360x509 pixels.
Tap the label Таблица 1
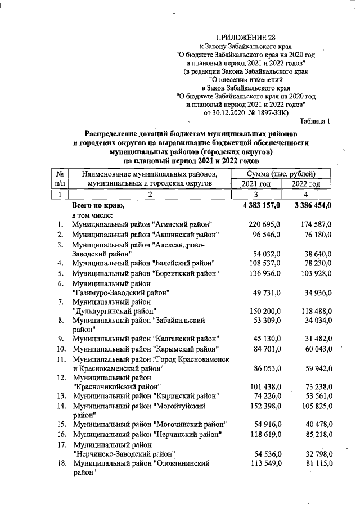point(315,120)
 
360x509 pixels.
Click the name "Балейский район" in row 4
point(183,263)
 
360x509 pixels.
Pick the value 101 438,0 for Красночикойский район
point(264,387)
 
